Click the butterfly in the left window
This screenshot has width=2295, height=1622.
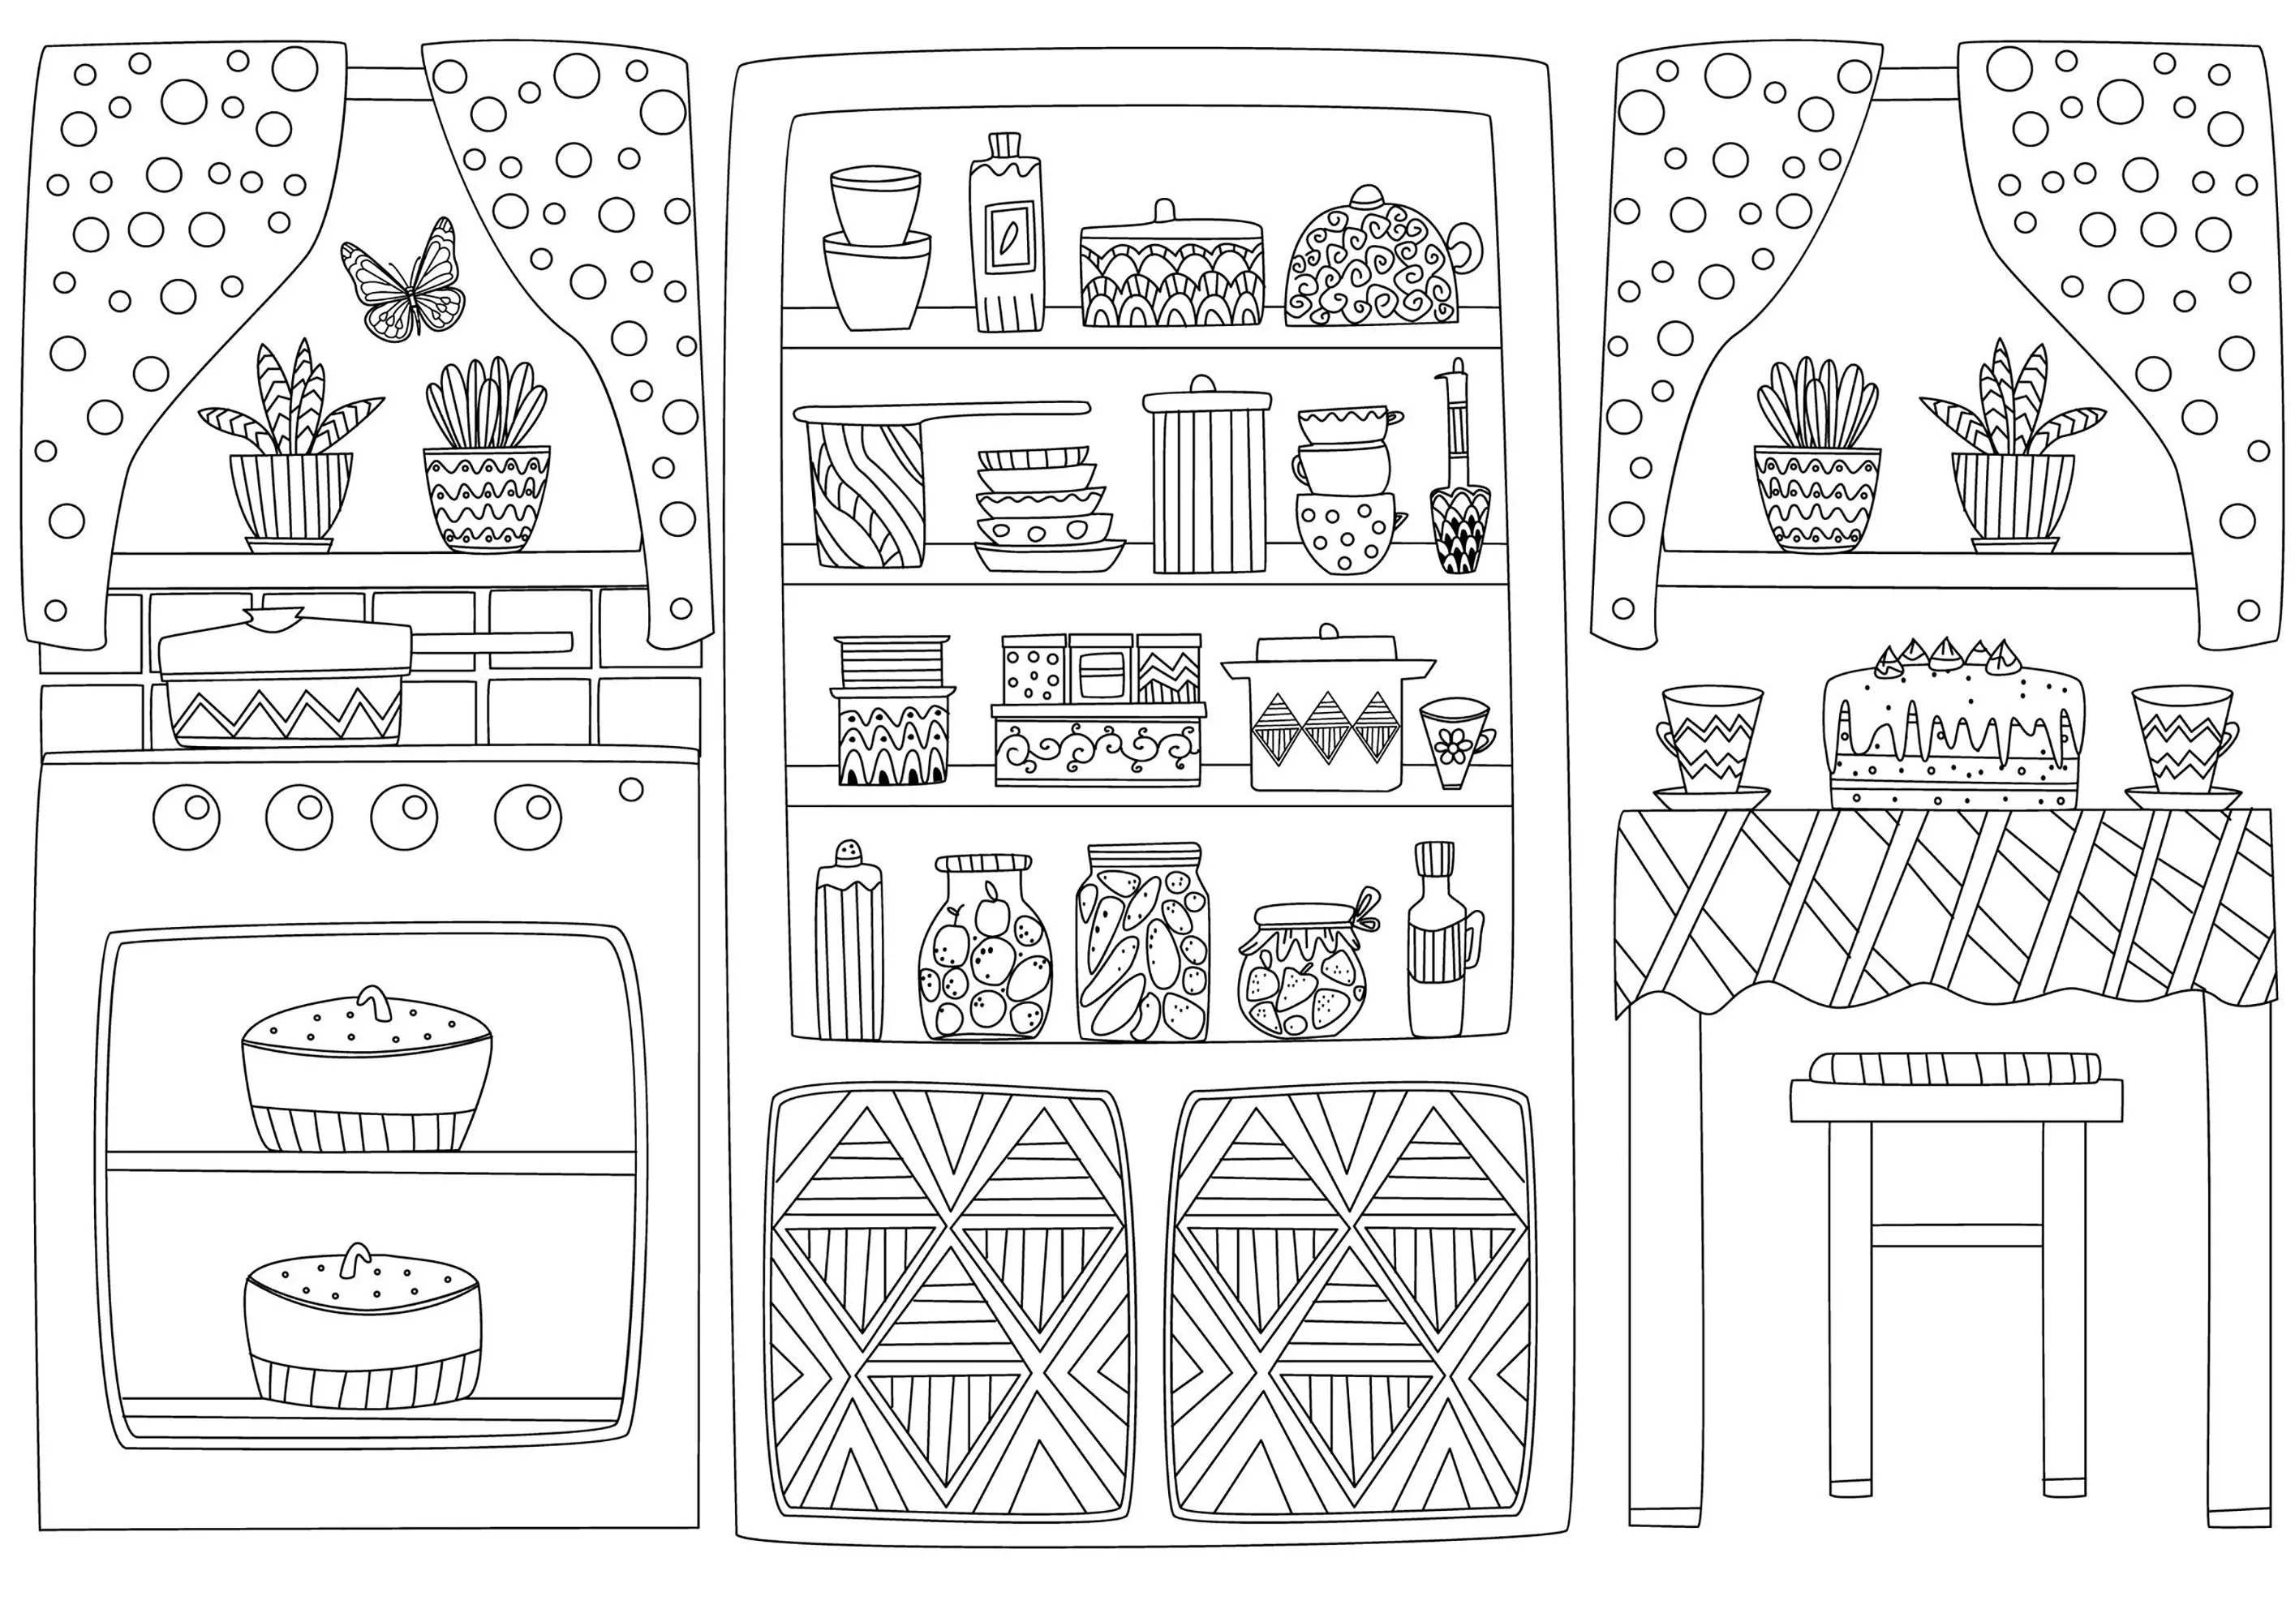(402, 283)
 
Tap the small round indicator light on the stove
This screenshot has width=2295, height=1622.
(630, 790)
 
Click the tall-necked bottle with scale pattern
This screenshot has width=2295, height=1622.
(1459, 490)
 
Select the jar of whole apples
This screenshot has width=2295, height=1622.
(985, 950)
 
